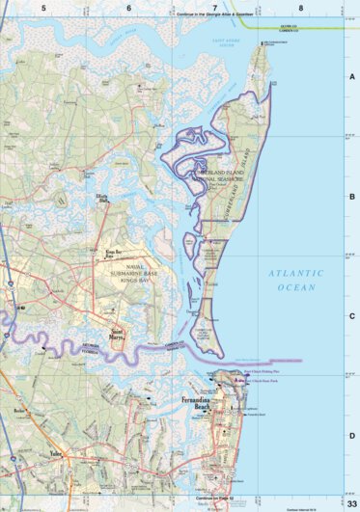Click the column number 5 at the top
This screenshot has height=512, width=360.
click(43, 8)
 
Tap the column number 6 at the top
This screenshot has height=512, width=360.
click(128, 8)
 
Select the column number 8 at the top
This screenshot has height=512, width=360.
click(301, 8)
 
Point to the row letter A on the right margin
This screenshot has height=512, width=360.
click(351, 76)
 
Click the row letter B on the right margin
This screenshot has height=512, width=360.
click(351, 195)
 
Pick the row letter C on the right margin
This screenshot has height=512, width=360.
click(351, 315)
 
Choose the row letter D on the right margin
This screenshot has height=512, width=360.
click(351, 436)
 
